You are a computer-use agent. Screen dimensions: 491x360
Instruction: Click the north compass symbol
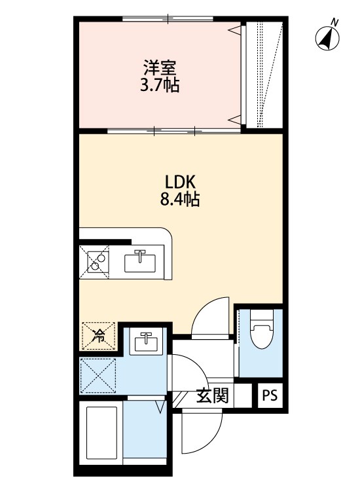tap(327, 38)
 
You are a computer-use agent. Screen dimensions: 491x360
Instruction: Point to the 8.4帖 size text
tap(179, 199)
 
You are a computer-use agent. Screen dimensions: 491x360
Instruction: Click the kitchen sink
tap(141, 262)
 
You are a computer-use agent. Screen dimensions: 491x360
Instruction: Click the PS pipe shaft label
tap(269, 395)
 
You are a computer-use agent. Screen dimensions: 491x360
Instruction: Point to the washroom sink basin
tap(144, 342)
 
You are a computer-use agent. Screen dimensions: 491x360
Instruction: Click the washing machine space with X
tap(99, 378)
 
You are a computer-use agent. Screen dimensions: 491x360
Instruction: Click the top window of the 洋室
tap(167, 18)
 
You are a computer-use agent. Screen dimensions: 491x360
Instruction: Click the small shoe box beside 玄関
tap(243, 396)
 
